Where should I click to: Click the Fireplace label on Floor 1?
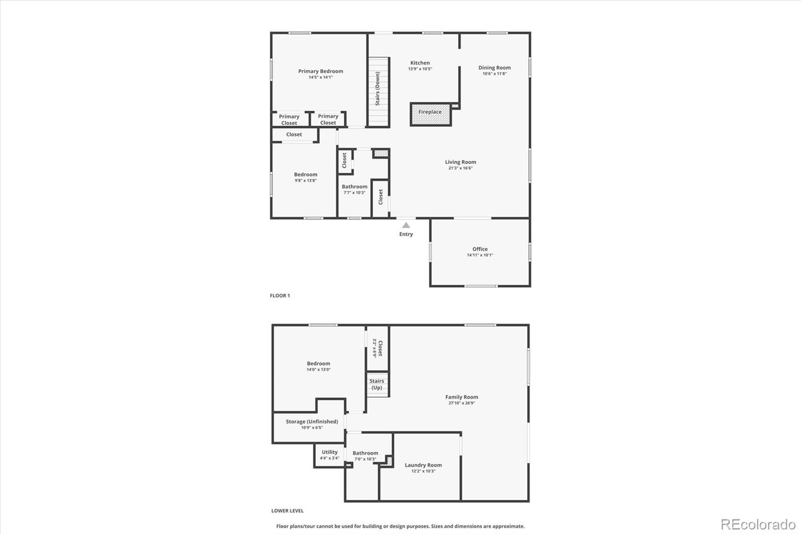[x=430, y=112]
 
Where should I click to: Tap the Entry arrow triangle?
[x=406, y=225]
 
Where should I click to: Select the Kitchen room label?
[x=420, y=63]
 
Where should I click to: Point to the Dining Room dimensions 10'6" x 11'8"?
[x=495, y=74]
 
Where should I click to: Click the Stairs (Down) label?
[x=377, y=88]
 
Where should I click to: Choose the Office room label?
[x=480, y=249]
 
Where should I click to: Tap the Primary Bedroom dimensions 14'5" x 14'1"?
[x=321, y=77]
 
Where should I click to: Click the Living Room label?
[x=461, y=162]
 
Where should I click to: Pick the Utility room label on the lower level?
[x=329, y=452]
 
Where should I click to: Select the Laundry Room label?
[x=423, y=465]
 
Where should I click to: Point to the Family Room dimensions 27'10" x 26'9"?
[x=462, y=403]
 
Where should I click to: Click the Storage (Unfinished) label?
[x=312, y=421]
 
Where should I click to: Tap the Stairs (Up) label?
[x=377, y=384]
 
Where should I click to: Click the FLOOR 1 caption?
[x=280, y=296]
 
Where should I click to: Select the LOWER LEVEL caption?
[x=287, y=511]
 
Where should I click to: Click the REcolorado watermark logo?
[x=758, y=524]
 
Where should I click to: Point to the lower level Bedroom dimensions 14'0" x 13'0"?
[x=318, y=369]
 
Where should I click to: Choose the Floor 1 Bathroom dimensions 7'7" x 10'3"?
[x=354, y=192]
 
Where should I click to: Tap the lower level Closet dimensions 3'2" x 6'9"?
[x=375, y=348]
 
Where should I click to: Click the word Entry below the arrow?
[x=406, y=234]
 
